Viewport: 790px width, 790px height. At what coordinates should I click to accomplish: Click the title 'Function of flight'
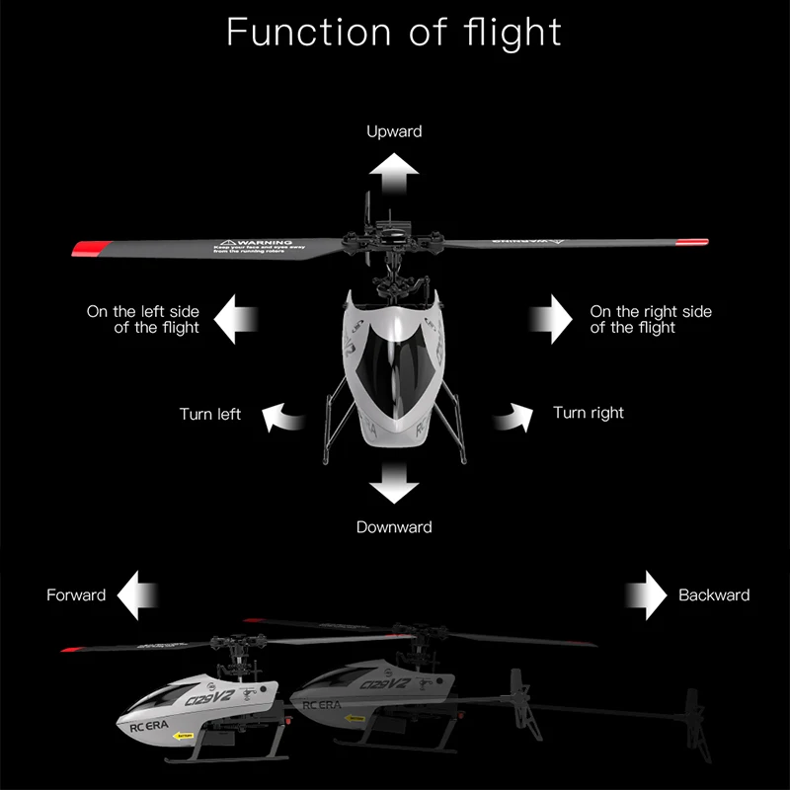tap(394, 32)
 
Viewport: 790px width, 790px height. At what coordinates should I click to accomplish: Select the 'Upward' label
tap(394, 131)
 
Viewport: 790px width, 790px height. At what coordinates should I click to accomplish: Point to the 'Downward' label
tap(394, 527)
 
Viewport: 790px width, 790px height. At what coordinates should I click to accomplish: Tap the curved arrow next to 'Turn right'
tap(513, 418)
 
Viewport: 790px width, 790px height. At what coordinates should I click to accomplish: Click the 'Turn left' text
tap(209, 414)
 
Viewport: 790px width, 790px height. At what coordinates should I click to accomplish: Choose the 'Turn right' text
tap(589, 413)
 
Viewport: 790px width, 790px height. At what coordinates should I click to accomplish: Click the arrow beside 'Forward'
tap(137, 594)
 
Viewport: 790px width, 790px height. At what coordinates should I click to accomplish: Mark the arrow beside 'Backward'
tap(645, 594)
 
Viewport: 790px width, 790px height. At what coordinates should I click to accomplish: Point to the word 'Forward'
tap(76, 594)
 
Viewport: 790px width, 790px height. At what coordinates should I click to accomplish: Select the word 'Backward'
tap(714, 594)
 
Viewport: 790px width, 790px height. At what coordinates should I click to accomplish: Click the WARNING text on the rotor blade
tap(259, 242)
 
